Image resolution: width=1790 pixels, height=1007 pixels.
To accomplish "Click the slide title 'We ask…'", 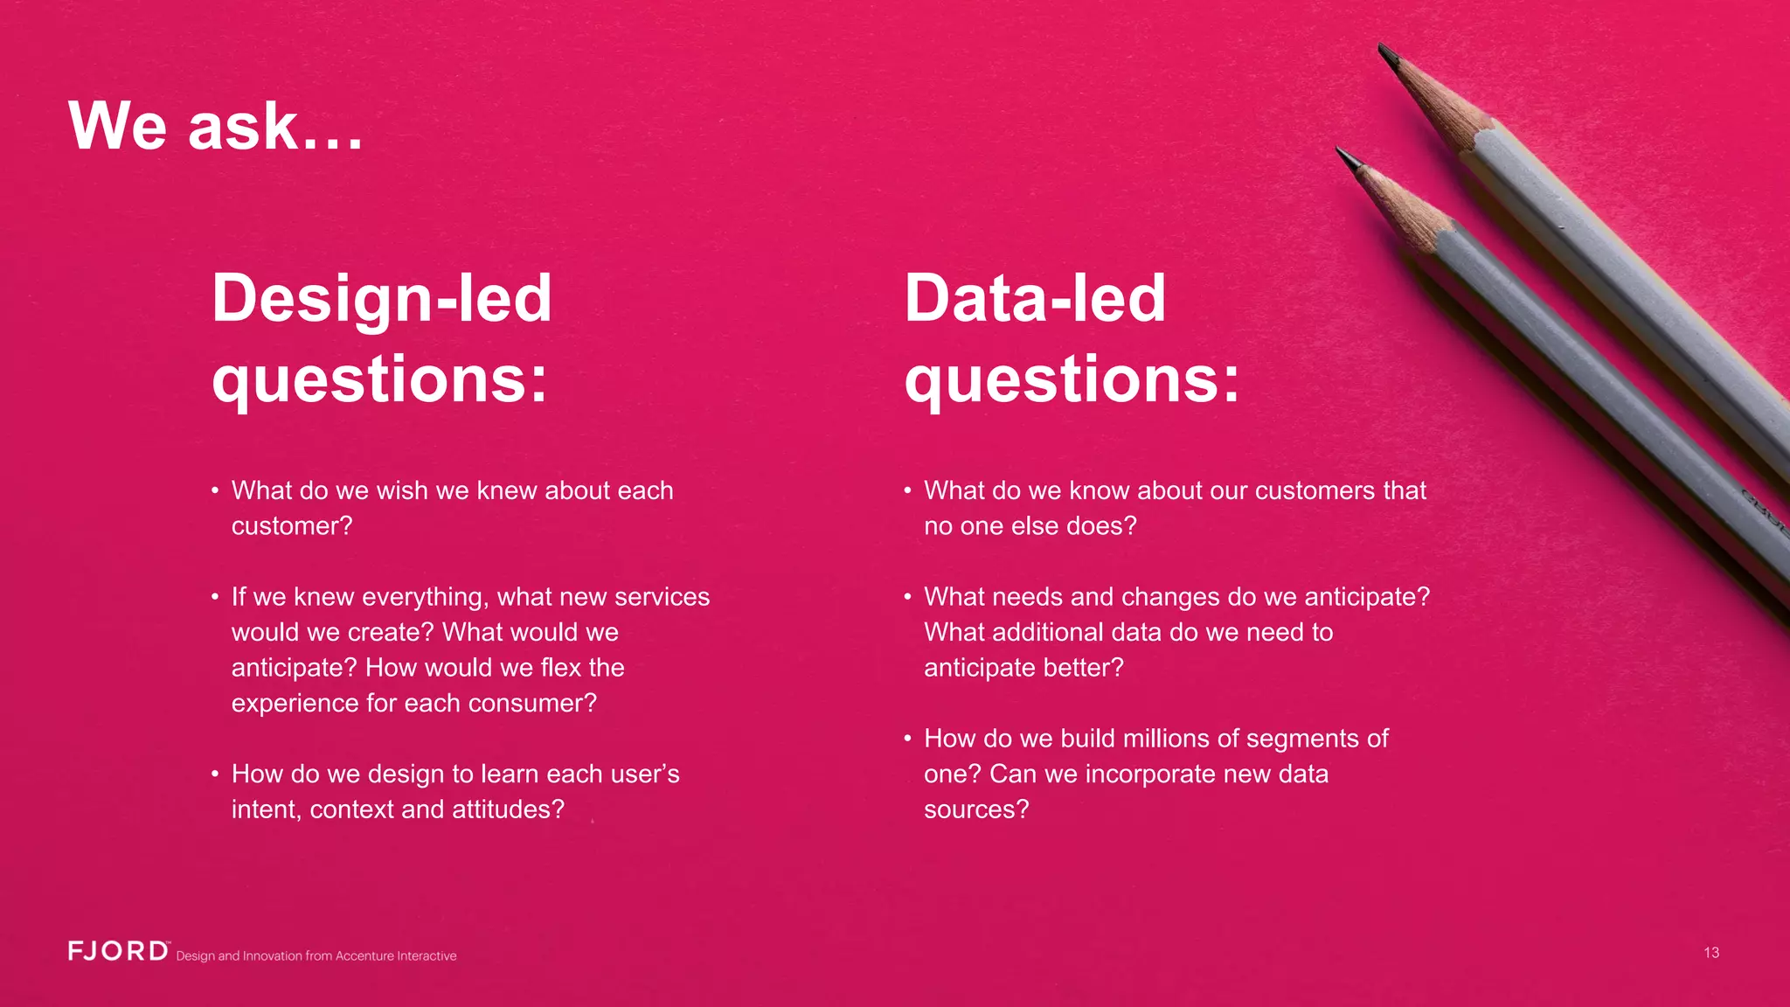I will (x=215, y=126).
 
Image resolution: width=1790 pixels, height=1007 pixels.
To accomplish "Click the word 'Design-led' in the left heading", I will (x=382, y=298).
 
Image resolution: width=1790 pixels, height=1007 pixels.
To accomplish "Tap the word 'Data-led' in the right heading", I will (x=1035, y=298).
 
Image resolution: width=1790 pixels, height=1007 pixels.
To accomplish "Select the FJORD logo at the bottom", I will (x=119, y=951).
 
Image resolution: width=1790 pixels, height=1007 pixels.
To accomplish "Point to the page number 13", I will (x=1710, y=953).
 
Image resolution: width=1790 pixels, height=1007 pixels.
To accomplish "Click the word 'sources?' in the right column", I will (x=976, y=809).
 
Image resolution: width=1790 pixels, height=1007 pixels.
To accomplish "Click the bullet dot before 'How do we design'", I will (x=215, y=774).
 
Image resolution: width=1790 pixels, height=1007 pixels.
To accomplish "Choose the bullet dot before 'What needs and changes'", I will (x=907, y=597).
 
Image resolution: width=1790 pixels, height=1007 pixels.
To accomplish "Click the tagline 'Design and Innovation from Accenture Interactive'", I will (x=316, y=956).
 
